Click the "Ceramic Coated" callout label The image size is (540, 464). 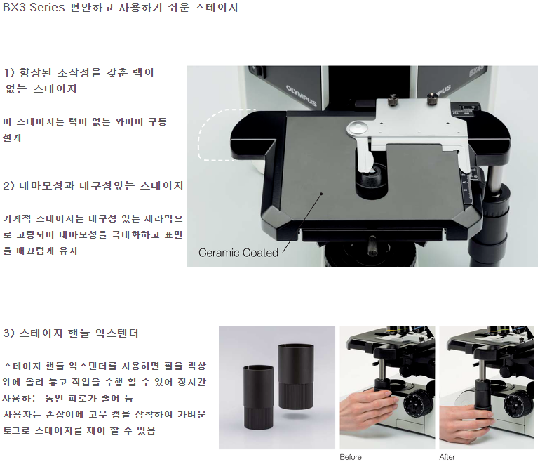coord(238,253)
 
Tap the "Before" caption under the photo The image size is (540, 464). coord(351,457)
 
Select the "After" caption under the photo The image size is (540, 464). coord(447,457)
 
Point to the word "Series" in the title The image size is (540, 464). coord(47,7)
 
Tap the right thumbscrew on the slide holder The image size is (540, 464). coord(432,98)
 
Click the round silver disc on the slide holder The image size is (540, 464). coord(358,128)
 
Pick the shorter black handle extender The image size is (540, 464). coord(258,397)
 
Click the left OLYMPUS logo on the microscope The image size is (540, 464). coord(302,95)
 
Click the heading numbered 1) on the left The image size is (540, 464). coord(79,80)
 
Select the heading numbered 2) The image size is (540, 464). coord(93,186)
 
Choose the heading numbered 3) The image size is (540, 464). coord(71,333)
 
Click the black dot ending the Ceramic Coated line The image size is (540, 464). coord(321,194)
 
